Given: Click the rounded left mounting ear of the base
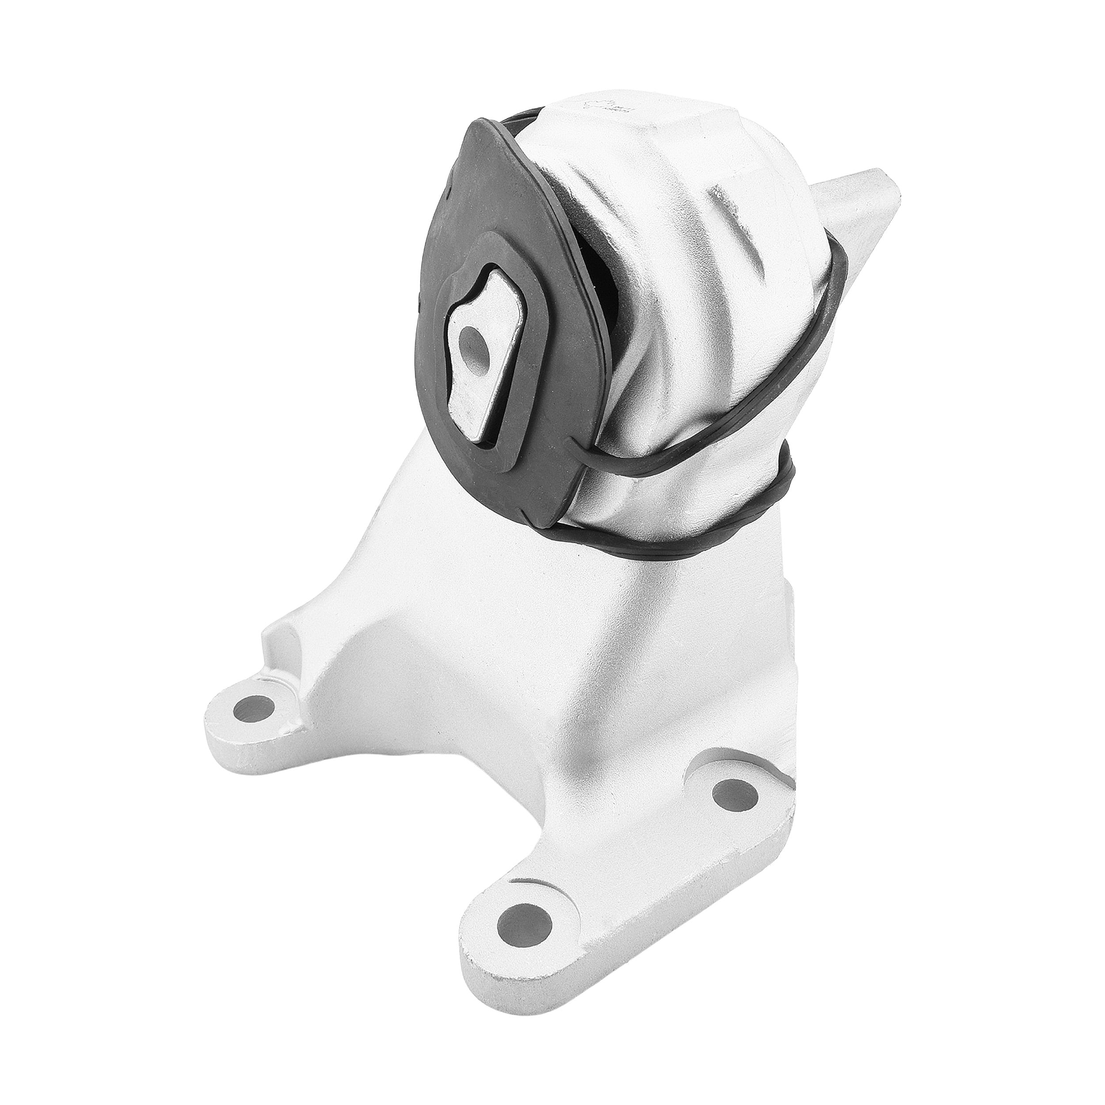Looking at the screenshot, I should (x=240, y=726).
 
